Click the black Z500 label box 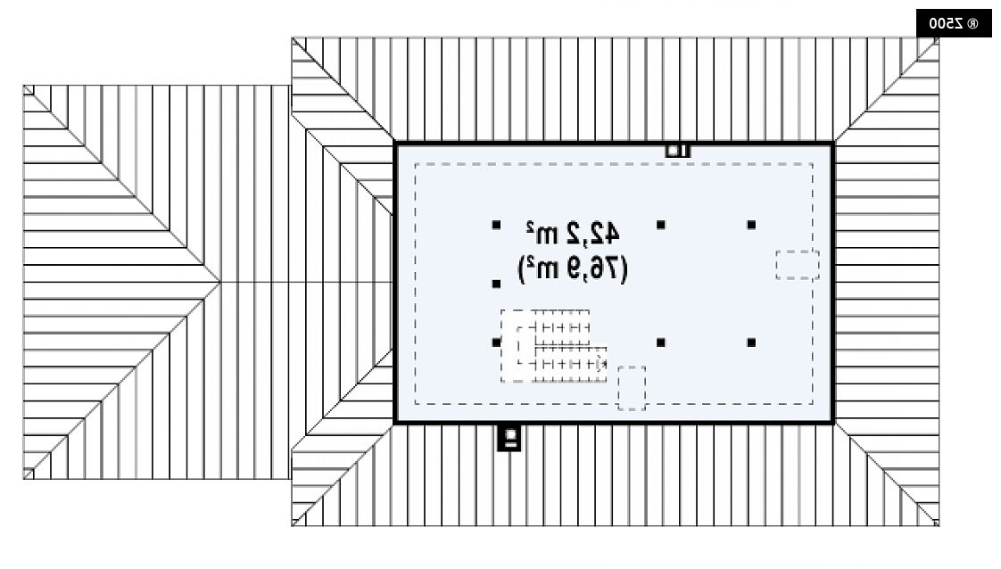click(x=954, y=23)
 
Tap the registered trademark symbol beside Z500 click(x=972, y=24)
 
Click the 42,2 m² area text click(x=573, y=234)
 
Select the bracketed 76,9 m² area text click(x=573, y=268)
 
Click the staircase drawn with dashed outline click(x=553, y=346)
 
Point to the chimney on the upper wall click(x=677, y=151)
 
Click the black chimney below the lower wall click(x=509, y=438)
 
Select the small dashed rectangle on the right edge click(x=798, y=265)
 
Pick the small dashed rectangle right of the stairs click(x=632, y=388)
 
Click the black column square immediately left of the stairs click(x=497, y=342)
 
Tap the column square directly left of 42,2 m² click(x=497, y=225)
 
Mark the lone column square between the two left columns click(x=497, y=284)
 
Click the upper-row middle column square click(x=661, y=225)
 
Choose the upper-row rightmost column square click(x=751, y=225)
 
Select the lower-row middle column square click(x=661, y=342)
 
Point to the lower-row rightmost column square click(x=751, y=342)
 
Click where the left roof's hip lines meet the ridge click(x=220, y=282)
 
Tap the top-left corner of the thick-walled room click(x=396, y=144)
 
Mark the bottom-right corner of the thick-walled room click(x=833, y=422)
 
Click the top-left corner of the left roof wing click(x=23, y=86)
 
